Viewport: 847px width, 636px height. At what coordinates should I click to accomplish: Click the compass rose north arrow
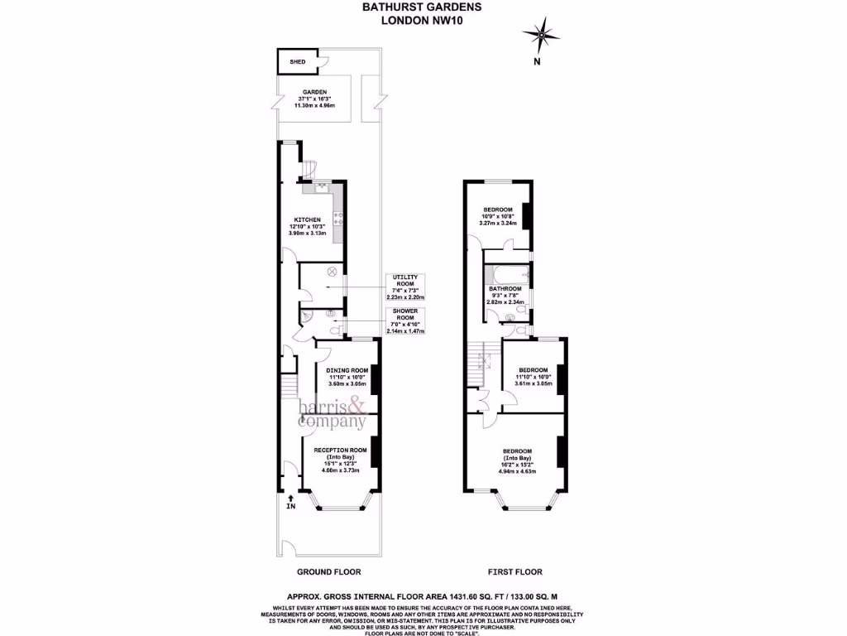(x=541, y=36)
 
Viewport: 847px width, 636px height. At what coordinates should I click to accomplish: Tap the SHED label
(x=297, y=62)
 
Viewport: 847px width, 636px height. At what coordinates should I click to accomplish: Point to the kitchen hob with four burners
(x=338, y=219)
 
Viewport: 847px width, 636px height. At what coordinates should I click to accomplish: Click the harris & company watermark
(x=333, y=414)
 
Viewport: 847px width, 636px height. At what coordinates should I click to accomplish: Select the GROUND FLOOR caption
(x=328, y=572)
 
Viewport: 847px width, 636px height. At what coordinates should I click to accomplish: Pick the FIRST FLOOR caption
(x=514, y=572)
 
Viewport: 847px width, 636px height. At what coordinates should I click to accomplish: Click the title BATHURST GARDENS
(x=422, y=7)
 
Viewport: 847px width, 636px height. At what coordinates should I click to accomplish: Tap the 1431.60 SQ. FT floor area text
(x=467, y=595)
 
